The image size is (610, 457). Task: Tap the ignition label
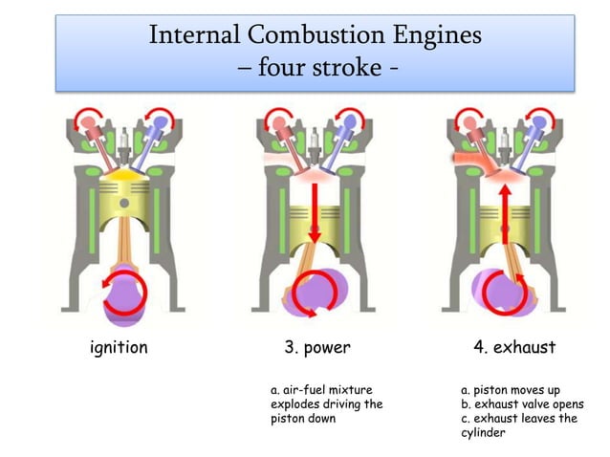pyautogui.click(x=119, y=347)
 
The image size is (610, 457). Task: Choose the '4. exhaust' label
pyautogui.click(x=514, y=347)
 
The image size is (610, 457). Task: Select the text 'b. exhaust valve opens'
pyautogui.click(x=521, y=404)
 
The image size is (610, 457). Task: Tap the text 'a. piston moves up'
pyautogui.click(x=510, y=390)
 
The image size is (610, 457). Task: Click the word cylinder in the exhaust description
pyautogui.click(x=483, y=433)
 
